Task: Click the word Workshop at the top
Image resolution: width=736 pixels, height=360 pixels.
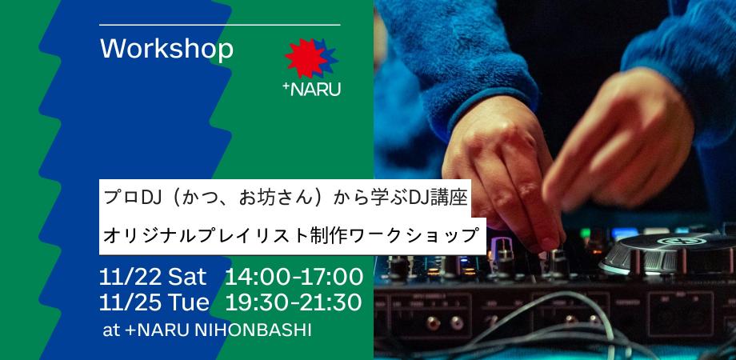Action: tap(167, 50)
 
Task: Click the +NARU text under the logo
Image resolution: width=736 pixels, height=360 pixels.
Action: tap(312, 89)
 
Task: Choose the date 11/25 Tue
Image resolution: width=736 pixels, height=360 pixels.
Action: tap(155, 302)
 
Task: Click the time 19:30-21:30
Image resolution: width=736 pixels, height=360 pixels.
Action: tap(294, 302)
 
